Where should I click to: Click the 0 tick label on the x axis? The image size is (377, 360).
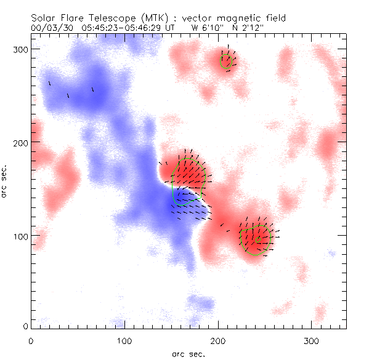click(x=31, y=340)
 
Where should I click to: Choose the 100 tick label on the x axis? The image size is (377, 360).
click(x=124, y=340)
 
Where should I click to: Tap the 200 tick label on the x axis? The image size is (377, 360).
click(x=218, y=340)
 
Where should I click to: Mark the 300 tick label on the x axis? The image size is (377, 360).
click(x=312, y=340)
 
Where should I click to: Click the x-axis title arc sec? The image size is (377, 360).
click(x=188, y=353)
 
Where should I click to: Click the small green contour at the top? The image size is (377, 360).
click(x=227, y=60)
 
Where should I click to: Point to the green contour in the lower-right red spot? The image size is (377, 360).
click(x=255, y=239)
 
